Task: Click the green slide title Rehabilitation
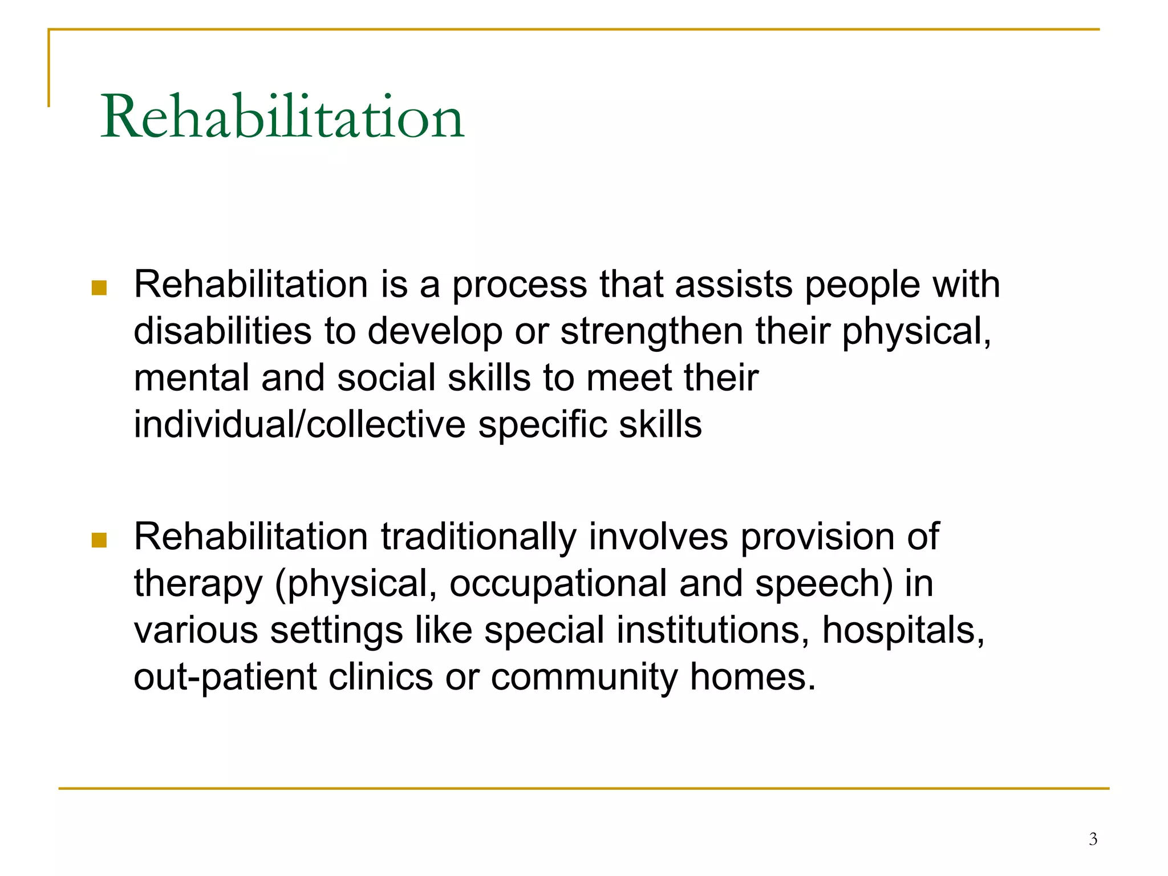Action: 282,117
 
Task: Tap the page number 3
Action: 1093,839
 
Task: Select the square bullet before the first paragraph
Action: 99,287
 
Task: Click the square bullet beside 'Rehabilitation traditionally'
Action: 99,540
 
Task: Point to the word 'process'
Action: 520,285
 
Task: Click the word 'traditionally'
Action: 478,537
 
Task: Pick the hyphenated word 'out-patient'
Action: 225,678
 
